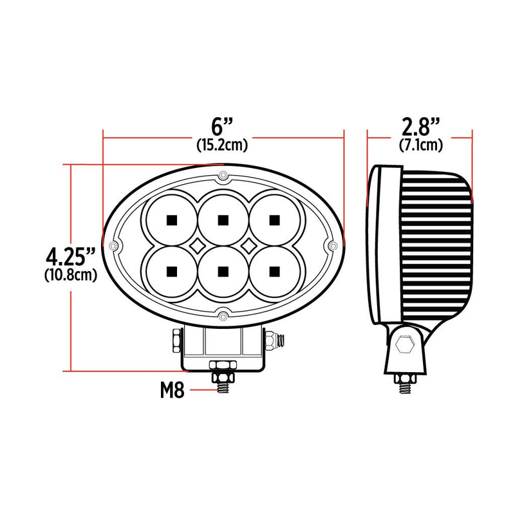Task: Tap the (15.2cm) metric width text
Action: (223, 145)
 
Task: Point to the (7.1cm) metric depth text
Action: (420, 145)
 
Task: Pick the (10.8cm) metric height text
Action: (71, 276)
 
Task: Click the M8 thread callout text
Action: (173, 389)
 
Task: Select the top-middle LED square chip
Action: (223, 221)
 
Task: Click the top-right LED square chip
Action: (275, 221)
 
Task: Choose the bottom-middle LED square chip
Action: (223, 270)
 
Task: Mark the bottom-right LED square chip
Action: (275, 270)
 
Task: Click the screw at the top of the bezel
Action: (223, 176)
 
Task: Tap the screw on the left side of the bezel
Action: (114, 246)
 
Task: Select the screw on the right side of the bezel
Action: (332, 246)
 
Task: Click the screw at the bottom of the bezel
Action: (223, 315)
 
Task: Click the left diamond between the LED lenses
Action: (197, 245)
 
